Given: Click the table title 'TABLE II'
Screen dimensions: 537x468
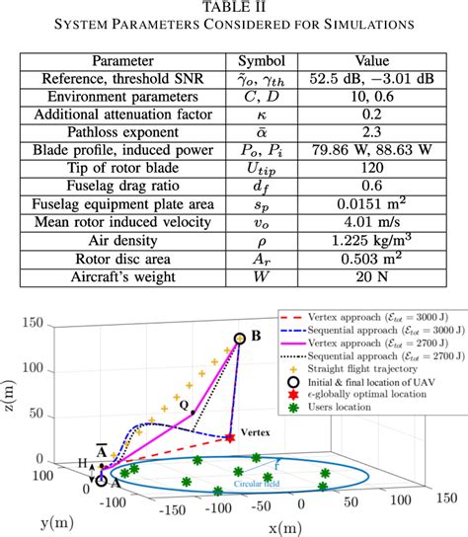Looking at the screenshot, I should [234, 8].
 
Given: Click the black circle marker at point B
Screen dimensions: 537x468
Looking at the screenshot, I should [240, 339].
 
